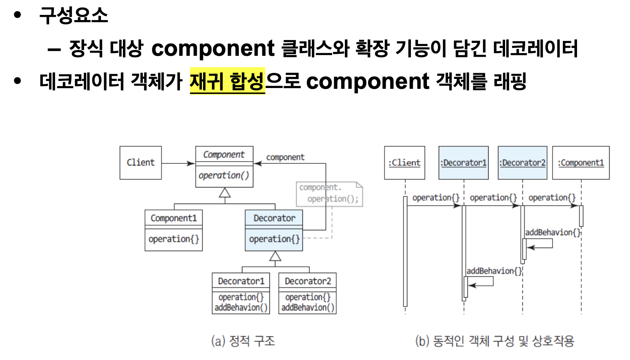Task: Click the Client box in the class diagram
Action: (x=141, y=163)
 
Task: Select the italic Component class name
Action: (x=224, y=154)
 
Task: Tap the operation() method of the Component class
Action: (x=224, y=175)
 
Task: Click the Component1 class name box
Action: (x=174, y=218)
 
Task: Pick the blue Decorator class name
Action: (x=274, y=218)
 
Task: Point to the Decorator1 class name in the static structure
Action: (x=241, y=281)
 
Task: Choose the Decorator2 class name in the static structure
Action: (x=308, y=281)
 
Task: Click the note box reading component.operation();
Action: (x=329, y=194)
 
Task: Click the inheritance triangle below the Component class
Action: (x=225, y=193)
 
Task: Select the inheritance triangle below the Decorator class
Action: (x=275, y=257)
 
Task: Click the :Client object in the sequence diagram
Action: (x=405, y=163)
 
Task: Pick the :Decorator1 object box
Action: (x=463, y=163)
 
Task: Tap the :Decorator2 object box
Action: (x=522, y=163)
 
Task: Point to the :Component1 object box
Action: (x=581, y=163)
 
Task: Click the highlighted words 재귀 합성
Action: (x=227, y=81)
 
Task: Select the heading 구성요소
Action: (x=73, y=16)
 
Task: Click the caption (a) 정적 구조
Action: (x=243, y=340)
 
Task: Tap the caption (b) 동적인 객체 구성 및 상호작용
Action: (x=495, y=340)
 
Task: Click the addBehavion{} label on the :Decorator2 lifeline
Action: (x=552, y=232)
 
